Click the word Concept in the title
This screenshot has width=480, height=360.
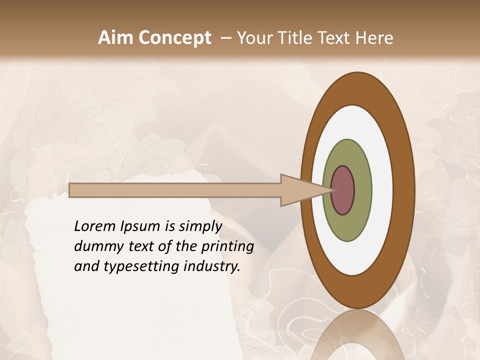(175, 38)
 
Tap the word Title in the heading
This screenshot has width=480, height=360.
(295, 38)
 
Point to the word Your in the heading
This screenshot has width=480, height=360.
(255, 38)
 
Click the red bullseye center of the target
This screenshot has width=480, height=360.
(342, 190)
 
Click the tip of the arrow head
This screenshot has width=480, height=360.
(332, 190)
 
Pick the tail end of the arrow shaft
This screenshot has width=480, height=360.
(70, 190)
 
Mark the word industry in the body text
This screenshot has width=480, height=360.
(212, 267)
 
